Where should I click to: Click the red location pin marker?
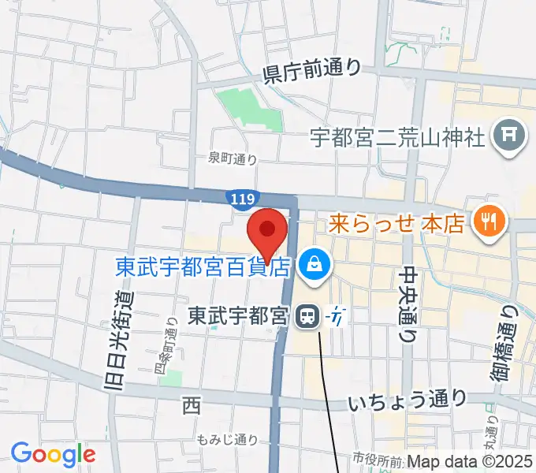click(x=266, y=231)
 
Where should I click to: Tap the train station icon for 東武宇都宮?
click(x=305, y=317)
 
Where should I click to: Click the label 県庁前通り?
click(x=312, y=72)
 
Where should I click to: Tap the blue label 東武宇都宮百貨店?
click(x=203, y=267)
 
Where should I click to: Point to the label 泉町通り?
click(x=233, y=158)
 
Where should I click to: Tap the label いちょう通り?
click(x=407, y=401)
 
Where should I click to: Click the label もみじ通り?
click(x=228, y=439)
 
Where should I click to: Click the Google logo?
click(x=53, y=454)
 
